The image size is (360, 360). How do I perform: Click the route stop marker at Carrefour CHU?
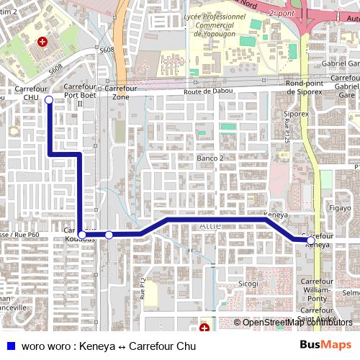tap(48, 100)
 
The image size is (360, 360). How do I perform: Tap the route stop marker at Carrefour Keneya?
tap(310, 240)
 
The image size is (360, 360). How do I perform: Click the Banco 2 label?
tap(211, 158)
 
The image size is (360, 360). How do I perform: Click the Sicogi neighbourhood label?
tap(248, 284)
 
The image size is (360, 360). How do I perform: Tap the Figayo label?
tap(339, 208)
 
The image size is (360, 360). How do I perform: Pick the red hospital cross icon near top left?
tap(42, 42)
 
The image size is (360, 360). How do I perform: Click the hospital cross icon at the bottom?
tap(204, 328)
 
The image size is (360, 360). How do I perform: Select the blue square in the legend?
tap(11, 346)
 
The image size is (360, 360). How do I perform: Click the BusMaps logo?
tap(325, 346)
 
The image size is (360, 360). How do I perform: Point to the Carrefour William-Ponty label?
tap(317, 289)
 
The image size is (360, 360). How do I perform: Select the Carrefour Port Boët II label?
tap(80, 95)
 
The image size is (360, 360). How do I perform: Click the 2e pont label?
tap(281, 13)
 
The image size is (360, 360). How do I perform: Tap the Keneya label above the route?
tap(276, 215)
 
